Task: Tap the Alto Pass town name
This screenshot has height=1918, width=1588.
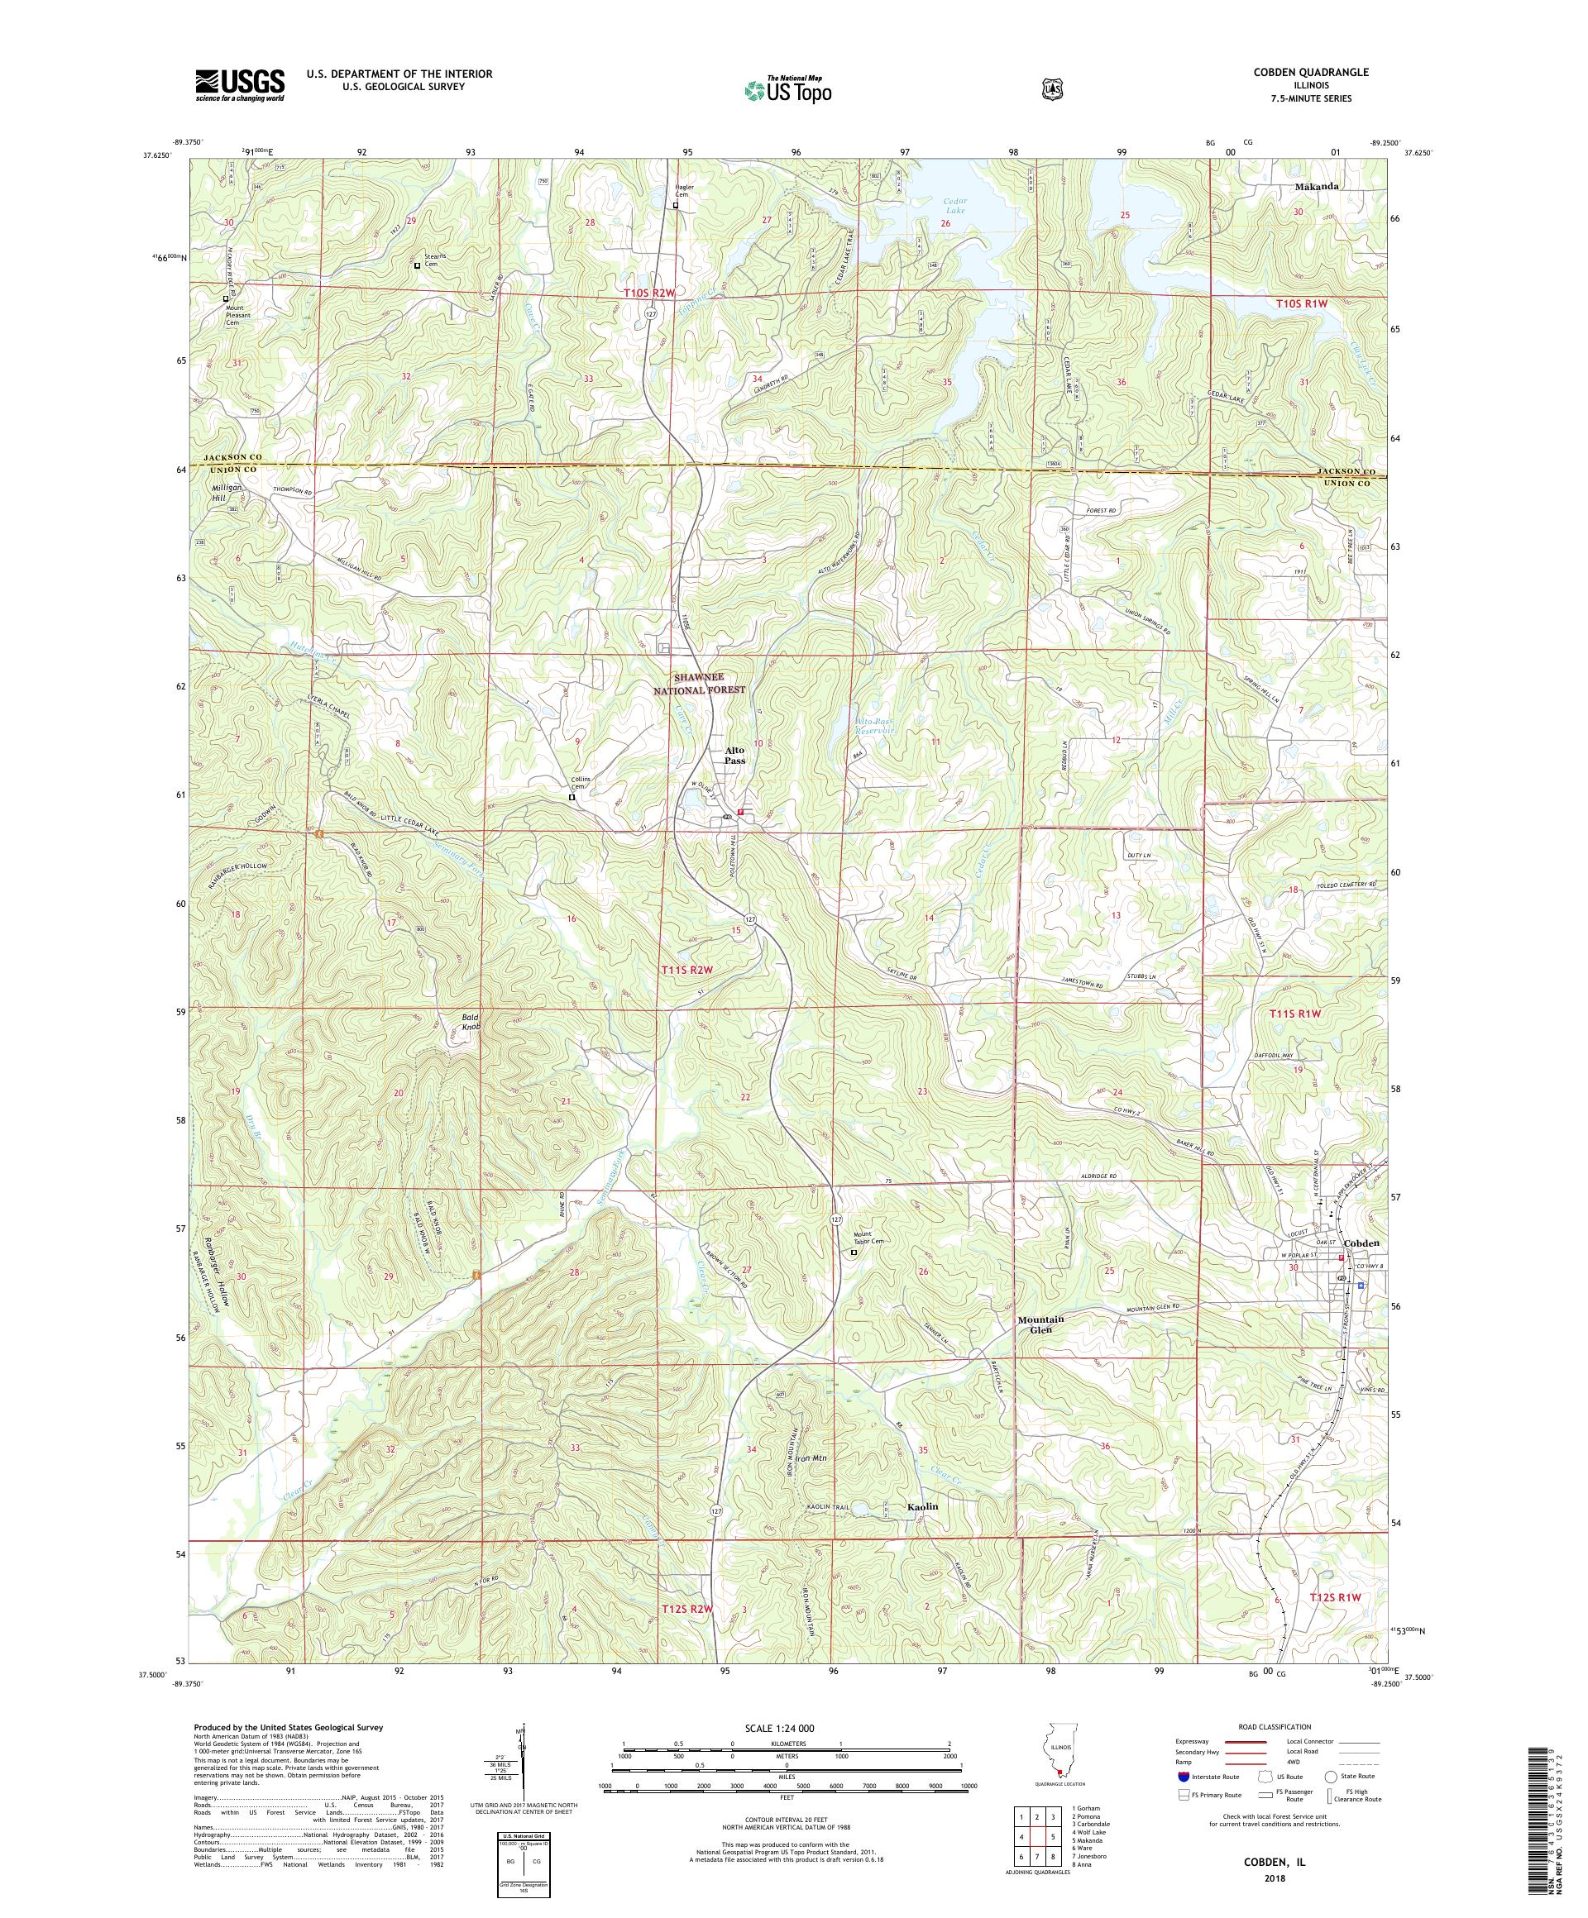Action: coord(734,755)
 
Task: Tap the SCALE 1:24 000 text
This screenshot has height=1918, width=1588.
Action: coord(786,1728)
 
